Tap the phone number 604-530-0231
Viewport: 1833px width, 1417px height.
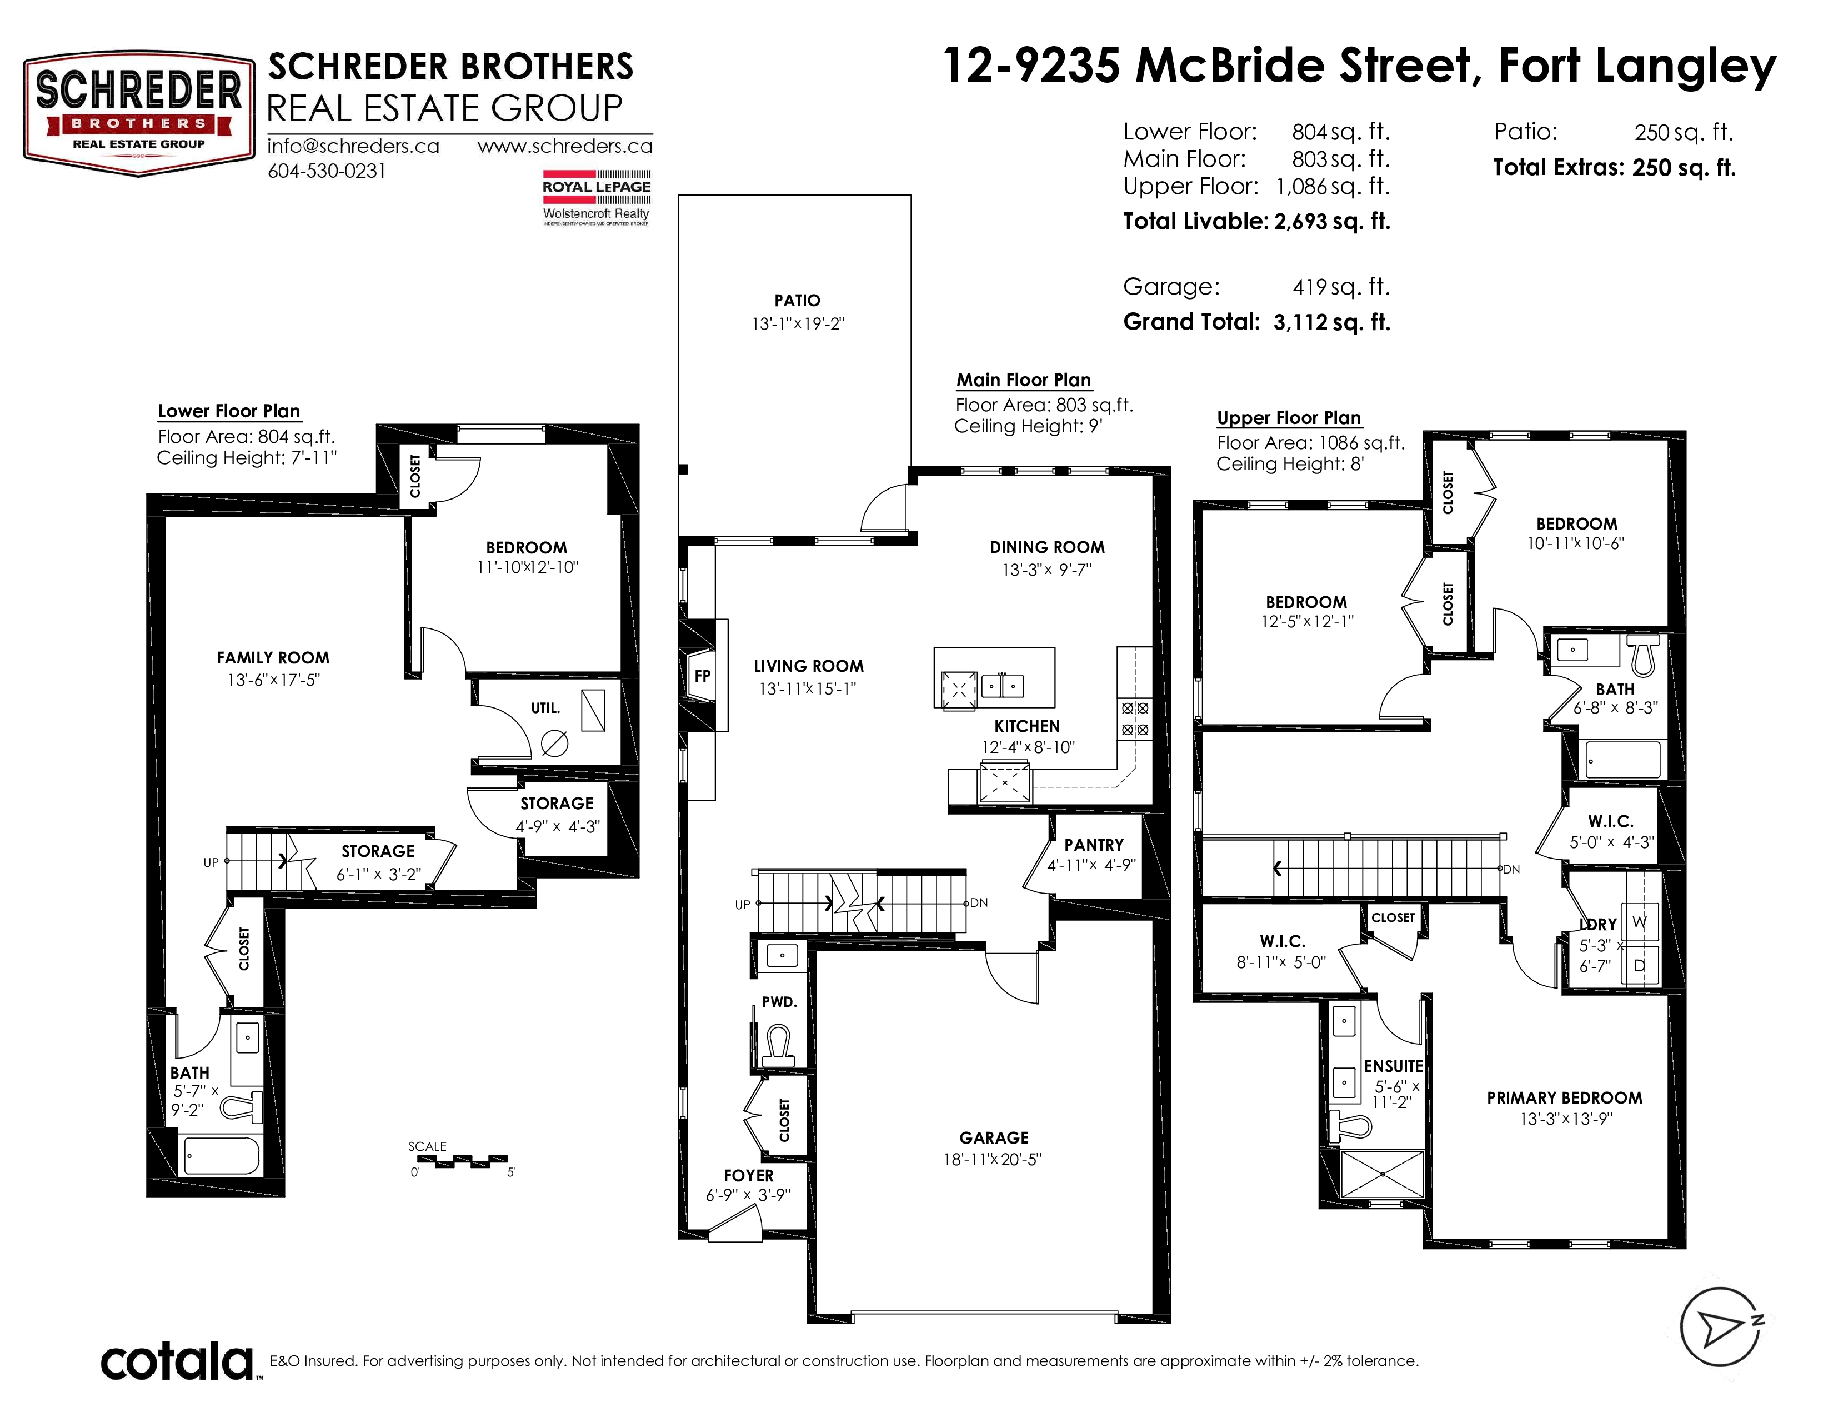pos(327,171)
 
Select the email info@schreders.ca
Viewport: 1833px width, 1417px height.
pos(353,146)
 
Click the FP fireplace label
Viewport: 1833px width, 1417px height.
pos(703,675)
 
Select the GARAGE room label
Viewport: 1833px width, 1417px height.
pos(994,1137)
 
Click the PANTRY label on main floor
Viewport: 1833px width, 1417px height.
pos(1094,845)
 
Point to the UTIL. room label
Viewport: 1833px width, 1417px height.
pos(545,707)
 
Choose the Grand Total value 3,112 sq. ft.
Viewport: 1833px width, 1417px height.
pos(1332,322)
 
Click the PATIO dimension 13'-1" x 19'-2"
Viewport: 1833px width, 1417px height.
pos(797,323)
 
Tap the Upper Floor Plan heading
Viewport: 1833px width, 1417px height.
pos(1289,418)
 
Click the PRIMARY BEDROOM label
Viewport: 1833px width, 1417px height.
pos(1564,1098)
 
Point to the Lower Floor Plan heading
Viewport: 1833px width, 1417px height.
pos(229,411)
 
